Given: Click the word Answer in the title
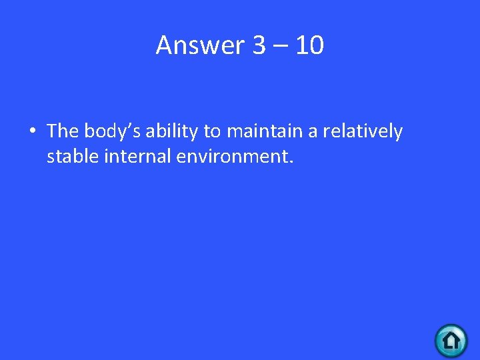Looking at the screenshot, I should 201,45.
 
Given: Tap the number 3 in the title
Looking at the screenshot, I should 259,45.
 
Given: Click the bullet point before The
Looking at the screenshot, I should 32,132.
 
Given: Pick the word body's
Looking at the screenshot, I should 112,132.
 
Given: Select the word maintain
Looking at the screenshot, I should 265,131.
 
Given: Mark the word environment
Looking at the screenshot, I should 229,158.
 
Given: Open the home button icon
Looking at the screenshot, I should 451,341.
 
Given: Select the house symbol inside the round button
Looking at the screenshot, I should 451,341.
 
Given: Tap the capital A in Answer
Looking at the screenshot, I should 164,45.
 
